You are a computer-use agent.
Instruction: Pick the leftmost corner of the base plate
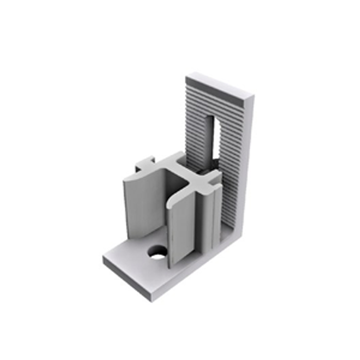[103, 260]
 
